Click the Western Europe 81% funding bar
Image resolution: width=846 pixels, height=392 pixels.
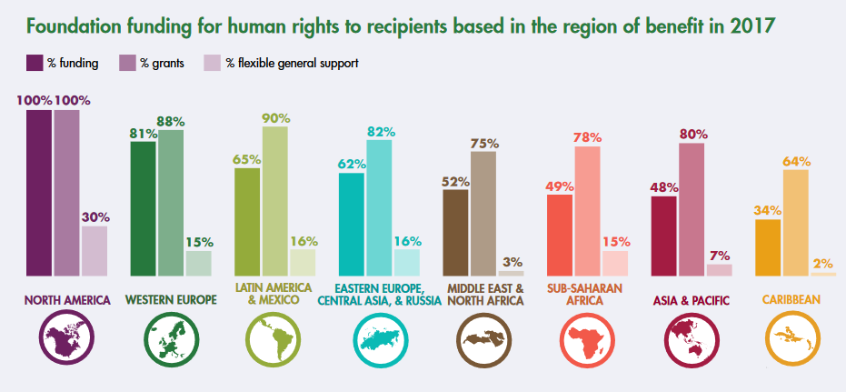tap(144, 208)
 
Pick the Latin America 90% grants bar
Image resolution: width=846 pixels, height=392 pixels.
tap(275, 200)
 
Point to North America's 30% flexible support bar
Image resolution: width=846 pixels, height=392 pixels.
tap(95, 250)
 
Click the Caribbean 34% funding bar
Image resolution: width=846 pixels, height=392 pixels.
tap(768, 246)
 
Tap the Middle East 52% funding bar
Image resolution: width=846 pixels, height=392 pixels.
tap(455, 232)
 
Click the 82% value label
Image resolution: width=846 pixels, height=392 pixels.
tap(380, 132)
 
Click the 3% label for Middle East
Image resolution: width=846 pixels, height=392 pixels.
tap(512, 262)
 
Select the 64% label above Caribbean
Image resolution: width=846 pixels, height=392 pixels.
tap(796, 162)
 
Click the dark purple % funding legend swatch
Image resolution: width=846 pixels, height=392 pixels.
tap(35, 63)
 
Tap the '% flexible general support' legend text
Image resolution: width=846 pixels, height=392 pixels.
tap(292, 63)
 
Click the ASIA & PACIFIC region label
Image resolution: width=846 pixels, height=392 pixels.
tap(690, 298)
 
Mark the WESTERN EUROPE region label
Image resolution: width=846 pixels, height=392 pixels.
tap(171, 298)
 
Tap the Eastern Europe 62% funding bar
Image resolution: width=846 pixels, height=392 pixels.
tap(352, 224)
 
